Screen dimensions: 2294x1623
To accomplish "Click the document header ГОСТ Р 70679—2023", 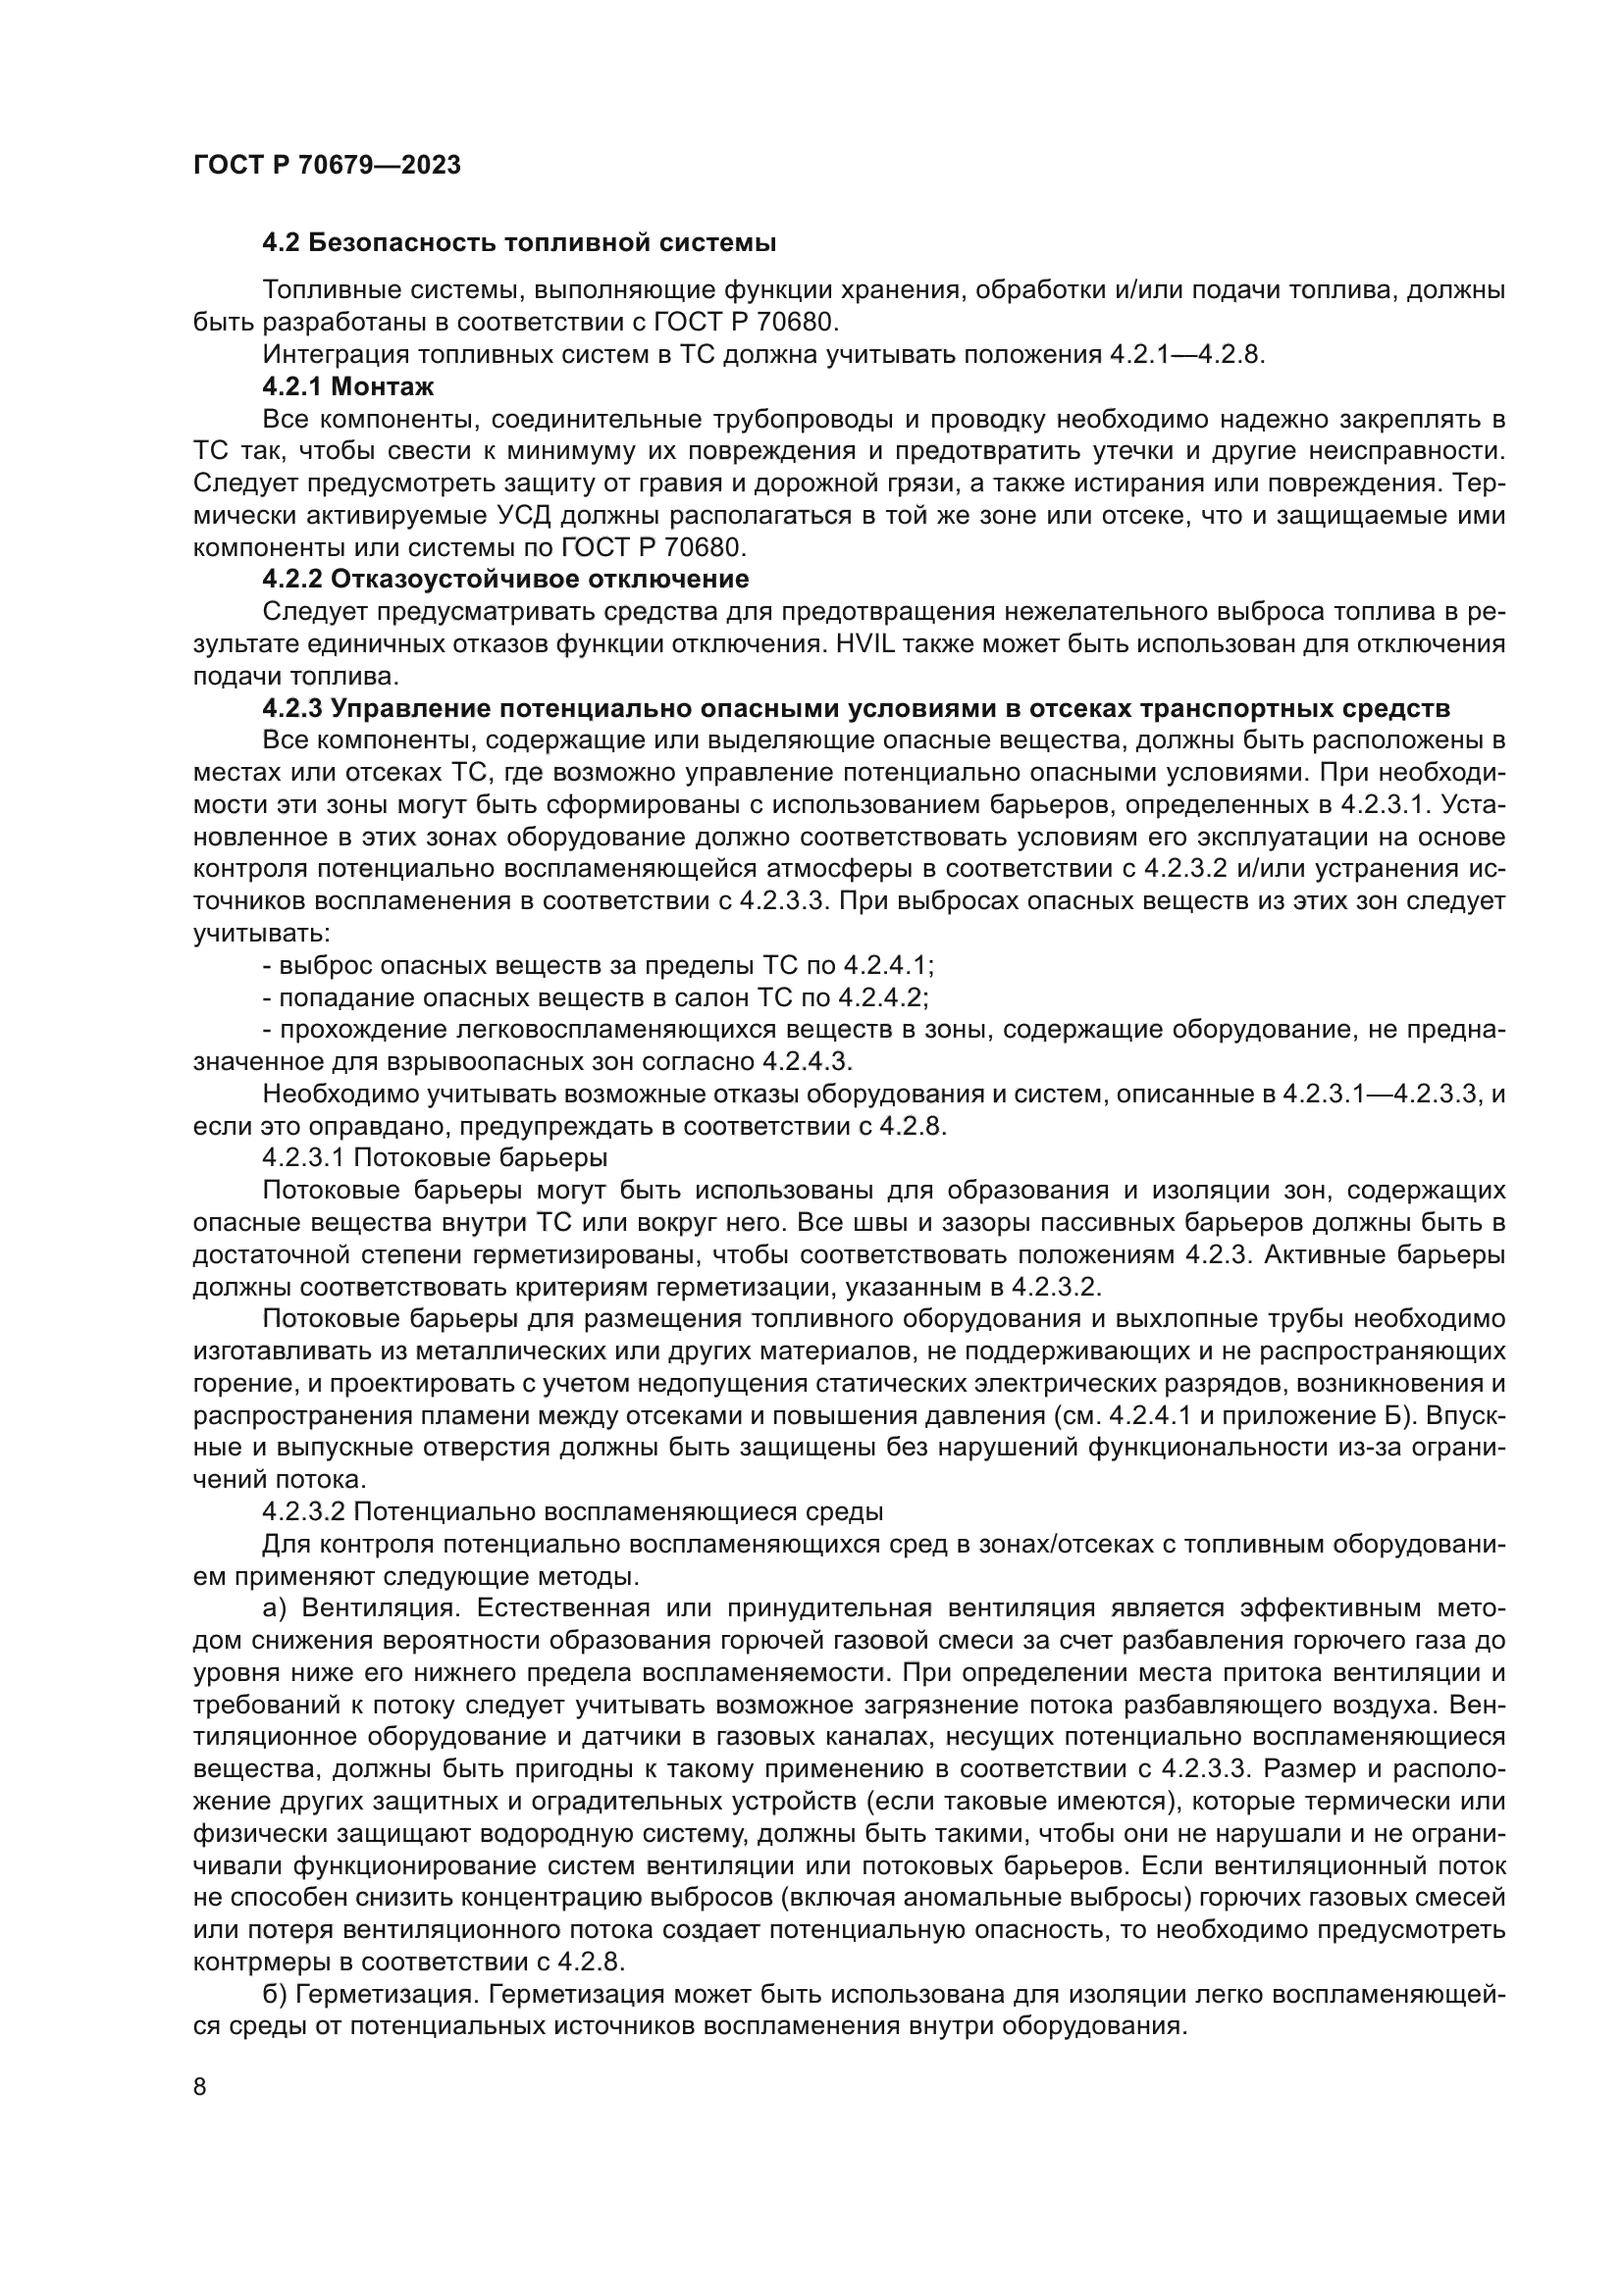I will (x=327, y=166).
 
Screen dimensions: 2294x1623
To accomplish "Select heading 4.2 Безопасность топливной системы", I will (x=519, y=243).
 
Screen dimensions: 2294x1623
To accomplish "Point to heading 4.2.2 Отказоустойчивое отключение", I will (x=504, y=580).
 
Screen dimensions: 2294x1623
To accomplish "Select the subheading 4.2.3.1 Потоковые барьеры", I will (x=435, y=1158).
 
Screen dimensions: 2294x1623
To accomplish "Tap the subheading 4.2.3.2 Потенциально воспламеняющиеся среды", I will (x=573, y=1511).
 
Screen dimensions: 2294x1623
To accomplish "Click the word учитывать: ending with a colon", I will (x=261, y=935).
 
